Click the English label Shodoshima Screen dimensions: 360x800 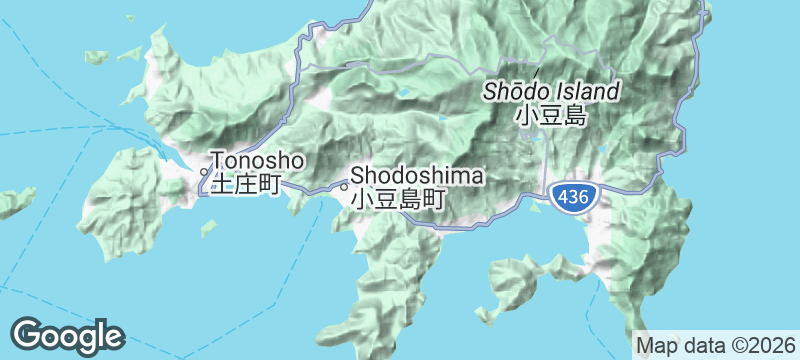tap(417, 176)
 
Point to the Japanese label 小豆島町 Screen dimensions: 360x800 tap(397, 198)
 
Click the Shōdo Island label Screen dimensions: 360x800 tap(551, 91)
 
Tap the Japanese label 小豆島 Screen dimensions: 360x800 tap(550, 116)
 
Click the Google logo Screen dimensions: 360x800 tap(68, 335)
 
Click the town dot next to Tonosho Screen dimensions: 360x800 tap(204, 171)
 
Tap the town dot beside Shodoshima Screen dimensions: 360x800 tap(344, 185)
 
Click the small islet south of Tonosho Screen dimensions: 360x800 tap(208, 228)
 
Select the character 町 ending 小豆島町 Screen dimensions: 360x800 tap(432, 198)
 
